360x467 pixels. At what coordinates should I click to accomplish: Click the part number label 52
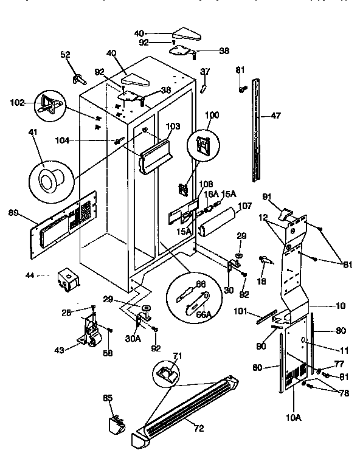coord(66,55)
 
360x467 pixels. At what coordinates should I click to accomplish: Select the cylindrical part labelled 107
coord(220,223)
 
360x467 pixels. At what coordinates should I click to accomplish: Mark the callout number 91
coord(266,196)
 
